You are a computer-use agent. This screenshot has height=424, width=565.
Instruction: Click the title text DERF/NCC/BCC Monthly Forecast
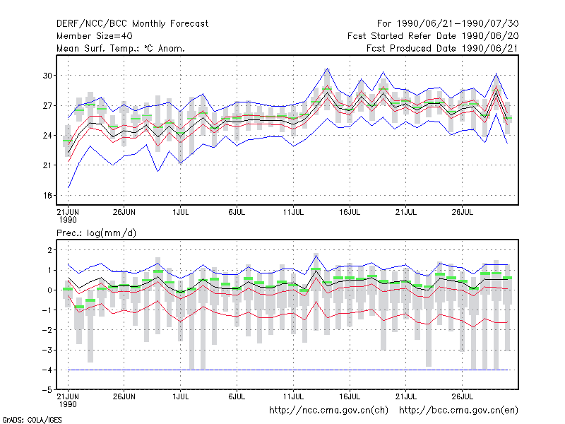[132, 24]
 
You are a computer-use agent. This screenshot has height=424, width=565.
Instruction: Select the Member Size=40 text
[95, 36]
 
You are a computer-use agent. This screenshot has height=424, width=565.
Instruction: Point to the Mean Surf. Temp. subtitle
[121, 48]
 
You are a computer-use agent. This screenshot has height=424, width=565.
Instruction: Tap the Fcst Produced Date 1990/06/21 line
[443, 48]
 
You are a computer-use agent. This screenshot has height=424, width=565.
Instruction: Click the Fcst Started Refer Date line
[433, 36]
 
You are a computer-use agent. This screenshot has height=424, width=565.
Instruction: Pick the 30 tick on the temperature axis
[47, 76]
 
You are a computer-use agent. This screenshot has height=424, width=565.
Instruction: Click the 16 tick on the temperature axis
[47, 196]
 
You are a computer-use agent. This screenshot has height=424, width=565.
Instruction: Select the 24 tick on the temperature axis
[47, 136]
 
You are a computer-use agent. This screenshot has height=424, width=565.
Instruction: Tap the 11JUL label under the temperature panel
[293, 212]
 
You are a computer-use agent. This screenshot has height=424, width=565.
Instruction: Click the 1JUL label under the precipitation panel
[181, 396]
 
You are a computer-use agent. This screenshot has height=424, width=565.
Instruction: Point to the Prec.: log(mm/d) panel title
[96, 233]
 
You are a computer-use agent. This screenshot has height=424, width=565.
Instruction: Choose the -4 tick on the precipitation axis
[47, 370]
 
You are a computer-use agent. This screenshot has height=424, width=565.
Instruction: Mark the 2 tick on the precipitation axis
[49, 250]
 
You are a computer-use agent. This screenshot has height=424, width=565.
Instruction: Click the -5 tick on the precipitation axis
[47, 390]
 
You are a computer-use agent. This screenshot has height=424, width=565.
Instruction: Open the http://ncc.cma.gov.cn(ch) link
[328, 411]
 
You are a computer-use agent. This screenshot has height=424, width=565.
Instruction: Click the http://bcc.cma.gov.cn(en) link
[458, 411]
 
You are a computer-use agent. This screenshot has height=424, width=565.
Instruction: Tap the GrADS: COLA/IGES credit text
[32, 420]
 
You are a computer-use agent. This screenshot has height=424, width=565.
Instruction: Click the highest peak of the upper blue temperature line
[327, 68]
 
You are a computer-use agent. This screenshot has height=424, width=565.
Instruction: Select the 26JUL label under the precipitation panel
[463, 396]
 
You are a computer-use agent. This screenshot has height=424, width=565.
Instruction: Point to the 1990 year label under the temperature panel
[68, 220]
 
